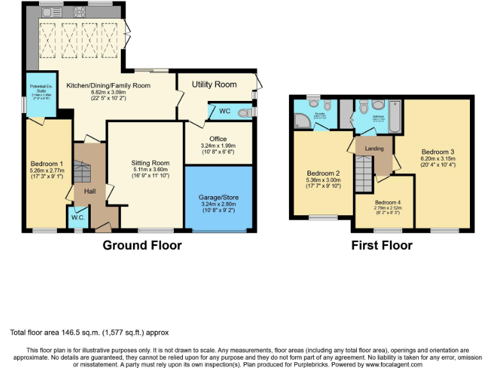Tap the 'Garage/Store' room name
tap(218, 198)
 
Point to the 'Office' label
tap(218, 139)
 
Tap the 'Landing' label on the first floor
tap(374, 149)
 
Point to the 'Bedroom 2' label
tap(323, 174)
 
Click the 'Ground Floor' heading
tap(142, 245)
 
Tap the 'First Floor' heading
tap(382, 245)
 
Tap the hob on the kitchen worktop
tap(79, 11)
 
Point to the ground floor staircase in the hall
tap(81, 172)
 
